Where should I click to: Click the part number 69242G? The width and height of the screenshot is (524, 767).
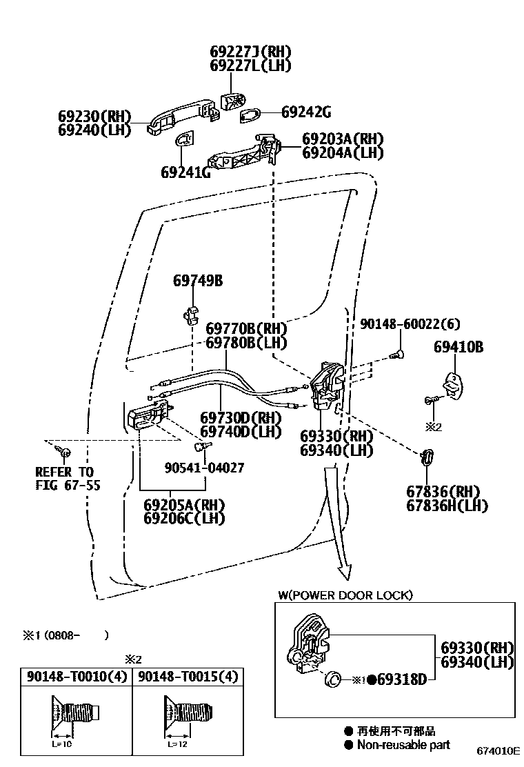307,112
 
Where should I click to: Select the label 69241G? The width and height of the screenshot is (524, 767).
185,172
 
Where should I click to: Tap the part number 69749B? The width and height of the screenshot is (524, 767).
198,281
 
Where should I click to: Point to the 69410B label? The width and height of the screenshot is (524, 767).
458,347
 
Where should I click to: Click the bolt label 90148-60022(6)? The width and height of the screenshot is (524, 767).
410,323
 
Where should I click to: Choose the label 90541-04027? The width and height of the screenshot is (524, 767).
204,468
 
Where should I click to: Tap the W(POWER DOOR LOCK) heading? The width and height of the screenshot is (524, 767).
345,595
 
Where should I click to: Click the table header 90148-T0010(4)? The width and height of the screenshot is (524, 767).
77,677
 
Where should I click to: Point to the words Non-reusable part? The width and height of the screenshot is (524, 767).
403,744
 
